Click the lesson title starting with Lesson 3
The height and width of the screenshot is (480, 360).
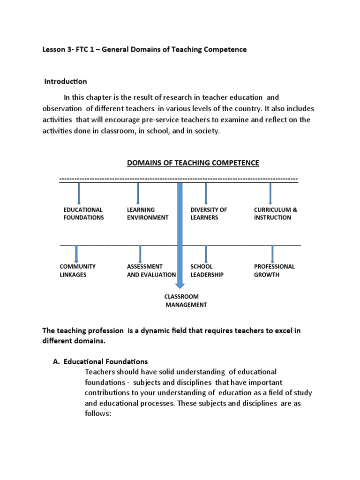(144, 50)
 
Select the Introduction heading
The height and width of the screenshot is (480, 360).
(66, 82)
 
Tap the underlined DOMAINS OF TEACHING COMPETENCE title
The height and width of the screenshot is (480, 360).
(193, 163)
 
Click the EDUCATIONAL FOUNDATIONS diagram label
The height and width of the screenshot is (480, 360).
(83, 214)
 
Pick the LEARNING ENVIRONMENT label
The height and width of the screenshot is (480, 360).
(147, 214)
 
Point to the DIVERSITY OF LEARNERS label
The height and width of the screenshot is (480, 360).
(209, 214)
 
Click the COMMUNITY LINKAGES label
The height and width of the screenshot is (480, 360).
(77, 270)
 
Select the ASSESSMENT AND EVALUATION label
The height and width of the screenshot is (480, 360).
(151, 270)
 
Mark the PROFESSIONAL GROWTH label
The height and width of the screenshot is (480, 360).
(274, 270)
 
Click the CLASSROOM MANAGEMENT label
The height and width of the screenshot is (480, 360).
(185, 300)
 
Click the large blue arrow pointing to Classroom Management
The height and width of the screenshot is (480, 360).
(180, 234)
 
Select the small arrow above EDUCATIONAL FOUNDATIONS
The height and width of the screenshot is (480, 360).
(79, 193)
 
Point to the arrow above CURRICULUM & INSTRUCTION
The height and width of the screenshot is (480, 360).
(270, 193)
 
